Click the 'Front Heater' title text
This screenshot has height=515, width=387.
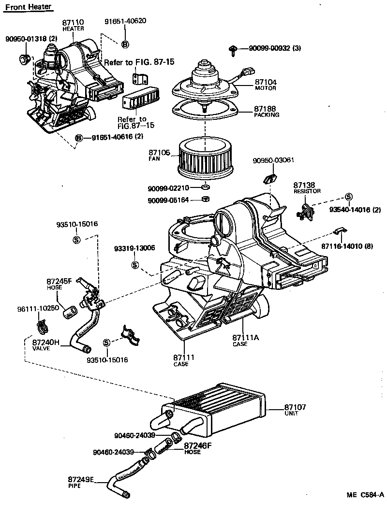(x=29, y=7)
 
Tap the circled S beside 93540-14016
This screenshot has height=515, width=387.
(x=348, y=197)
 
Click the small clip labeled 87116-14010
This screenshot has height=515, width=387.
(x=341, y=231)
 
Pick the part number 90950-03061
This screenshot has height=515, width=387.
(x=274, y=160)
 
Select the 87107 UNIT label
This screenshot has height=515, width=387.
(x=295, y=410)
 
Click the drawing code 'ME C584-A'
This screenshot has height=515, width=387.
(x=365, y=495)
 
